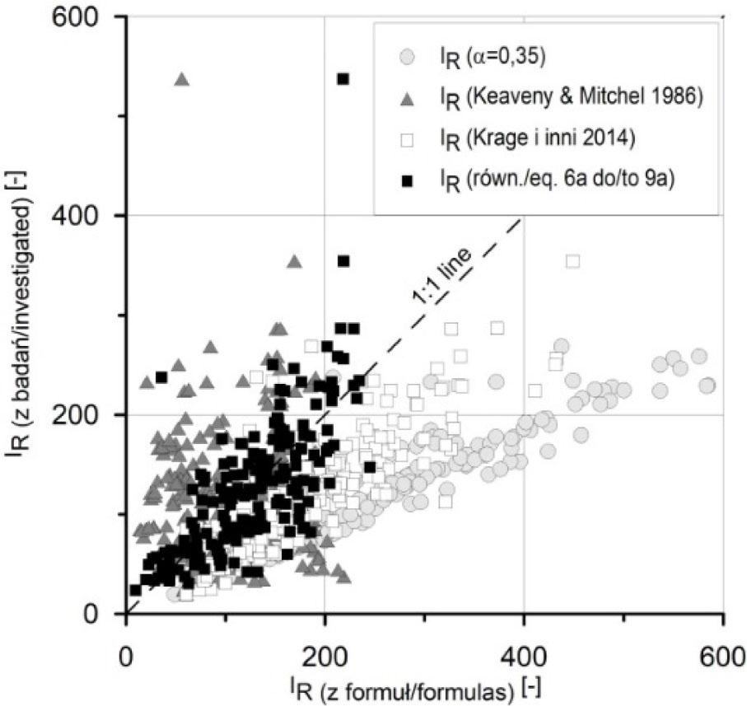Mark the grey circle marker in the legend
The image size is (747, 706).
point(405,58)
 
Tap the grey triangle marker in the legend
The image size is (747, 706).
point(405,99)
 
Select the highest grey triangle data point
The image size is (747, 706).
point(182,79)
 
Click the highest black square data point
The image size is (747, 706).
point(343,79)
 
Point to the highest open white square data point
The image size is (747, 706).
point(573,261)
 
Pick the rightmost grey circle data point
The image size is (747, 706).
point(707,385)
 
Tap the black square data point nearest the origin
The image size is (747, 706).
point(135,590)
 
